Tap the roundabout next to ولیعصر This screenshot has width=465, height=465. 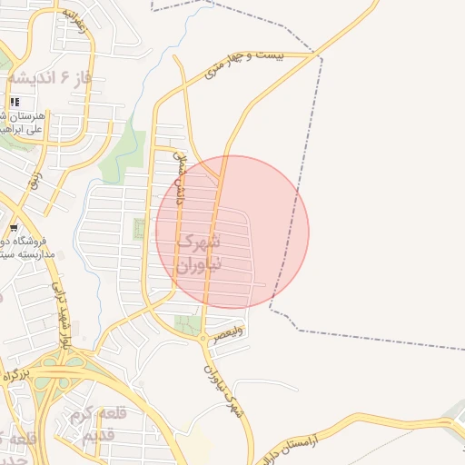click(202, 338)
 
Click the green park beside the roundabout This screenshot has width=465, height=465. click(188, 323)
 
